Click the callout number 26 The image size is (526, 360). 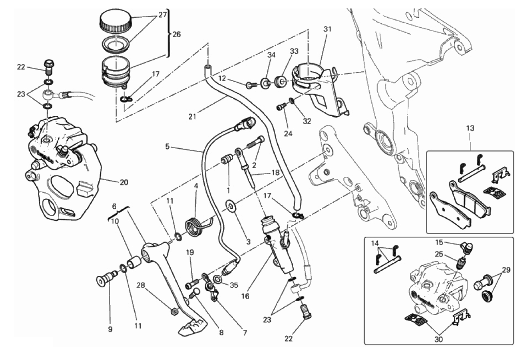coord(177,35)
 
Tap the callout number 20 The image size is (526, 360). coord(124,183)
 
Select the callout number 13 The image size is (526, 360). coord(470,128)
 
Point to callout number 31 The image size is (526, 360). coord(327,29)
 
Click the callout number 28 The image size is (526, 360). coord(141,285)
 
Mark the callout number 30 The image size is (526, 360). coord(438,339)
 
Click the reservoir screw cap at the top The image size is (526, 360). coord(115,22)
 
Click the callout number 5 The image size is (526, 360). coord(168,147)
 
